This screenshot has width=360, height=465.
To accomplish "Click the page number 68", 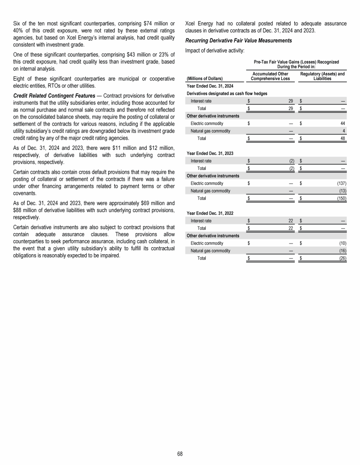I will coord(180,454).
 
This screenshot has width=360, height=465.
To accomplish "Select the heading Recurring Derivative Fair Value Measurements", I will coord(239,41).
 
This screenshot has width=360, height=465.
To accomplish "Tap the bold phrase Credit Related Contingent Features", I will coord(46,95).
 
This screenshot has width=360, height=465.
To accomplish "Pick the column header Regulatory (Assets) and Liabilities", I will coord(322,76).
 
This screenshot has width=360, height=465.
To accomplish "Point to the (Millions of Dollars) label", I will coord(205,78).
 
